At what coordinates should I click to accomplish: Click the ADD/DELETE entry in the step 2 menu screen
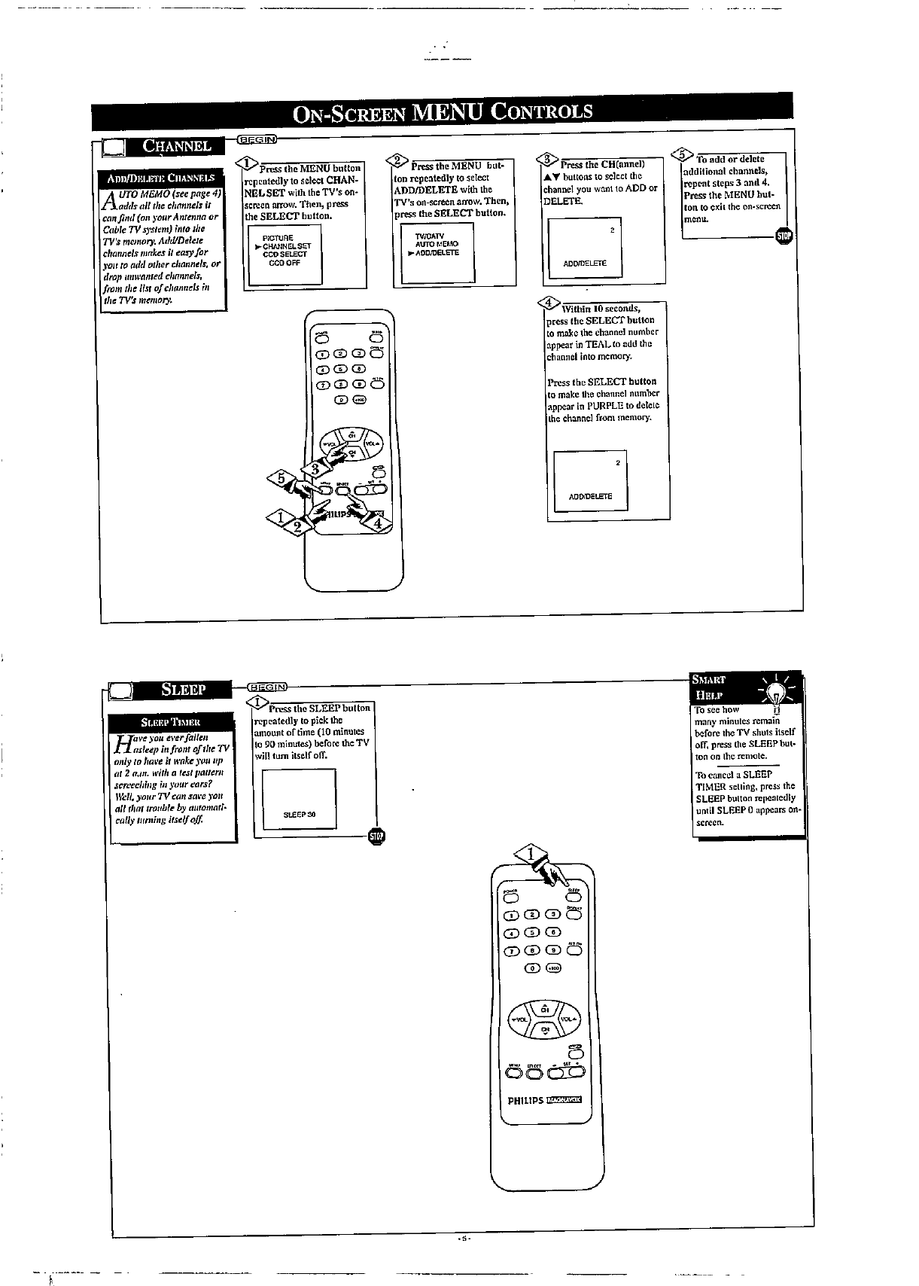[x=437, y=253]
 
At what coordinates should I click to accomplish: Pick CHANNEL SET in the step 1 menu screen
[x=287, y=246]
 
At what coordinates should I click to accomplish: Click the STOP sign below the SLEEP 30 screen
[x=376, y=837]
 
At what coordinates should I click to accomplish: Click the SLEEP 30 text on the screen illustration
[x=299, y=815]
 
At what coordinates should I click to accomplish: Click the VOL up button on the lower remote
[x=569, y=1018]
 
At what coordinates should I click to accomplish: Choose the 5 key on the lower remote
[x=533, y=932]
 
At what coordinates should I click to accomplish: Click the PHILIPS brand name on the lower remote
[x=525, y=1100]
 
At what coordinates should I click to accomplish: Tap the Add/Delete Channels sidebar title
[x=161, y=178]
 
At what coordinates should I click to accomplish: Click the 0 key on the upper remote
[x=340, y=399]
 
